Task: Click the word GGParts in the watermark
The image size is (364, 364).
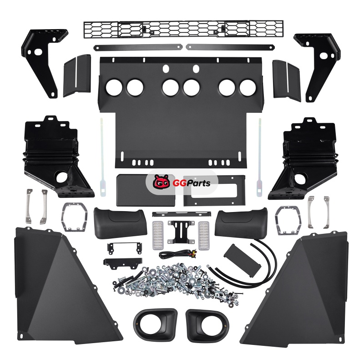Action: point(192,183)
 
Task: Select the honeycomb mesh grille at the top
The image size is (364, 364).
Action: point(183,29)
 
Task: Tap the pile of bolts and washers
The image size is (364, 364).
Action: point(178,282)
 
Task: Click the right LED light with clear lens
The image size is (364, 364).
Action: point(203,235)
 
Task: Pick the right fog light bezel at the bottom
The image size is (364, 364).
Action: point(207,325)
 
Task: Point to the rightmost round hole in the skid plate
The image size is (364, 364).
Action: point(248,88)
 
